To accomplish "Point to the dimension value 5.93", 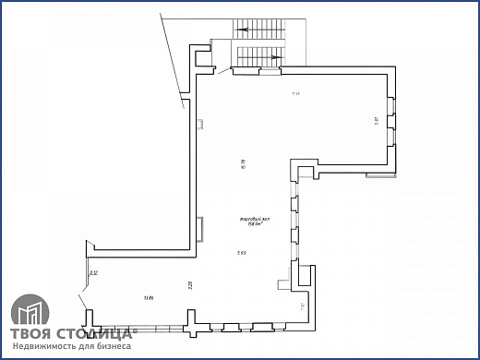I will point(240,250).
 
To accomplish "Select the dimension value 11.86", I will point(149,297).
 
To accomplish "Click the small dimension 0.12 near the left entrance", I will point(94,272).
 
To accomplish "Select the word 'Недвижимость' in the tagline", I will point(44,347).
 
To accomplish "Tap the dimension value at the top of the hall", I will point(296,93).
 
